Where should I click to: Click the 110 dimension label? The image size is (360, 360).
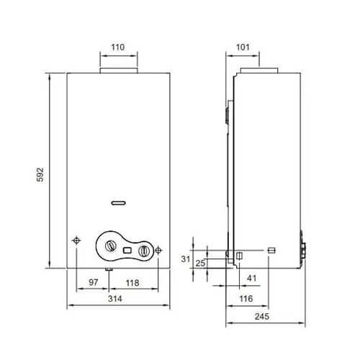click(x=118, y=47)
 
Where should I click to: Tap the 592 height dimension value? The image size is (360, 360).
click(x=40, y=174)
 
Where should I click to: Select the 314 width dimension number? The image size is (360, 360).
click(x=115, y=299)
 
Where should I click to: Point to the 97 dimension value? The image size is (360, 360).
click(x=94, y=282)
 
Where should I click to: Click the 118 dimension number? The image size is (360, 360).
click(x=132, y=283)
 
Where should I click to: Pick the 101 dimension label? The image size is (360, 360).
click(x=243, y=47)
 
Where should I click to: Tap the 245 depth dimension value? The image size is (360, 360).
click(x=262, y=317)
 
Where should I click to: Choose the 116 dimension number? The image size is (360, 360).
click(x=246, y=299)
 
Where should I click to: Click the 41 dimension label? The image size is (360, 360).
click(x=252, y=278)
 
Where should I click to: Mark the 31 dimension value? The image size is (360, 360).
click(x=186, y=259)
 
